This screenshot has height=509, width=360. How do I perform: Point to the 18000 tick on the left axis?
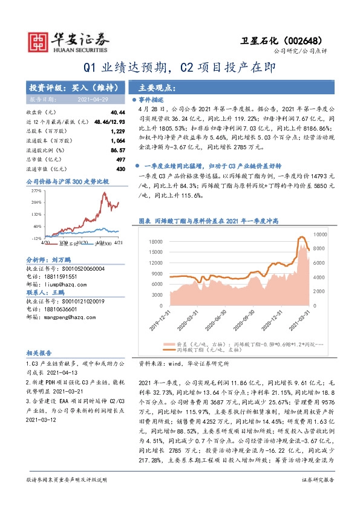(x=157, y=242)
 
